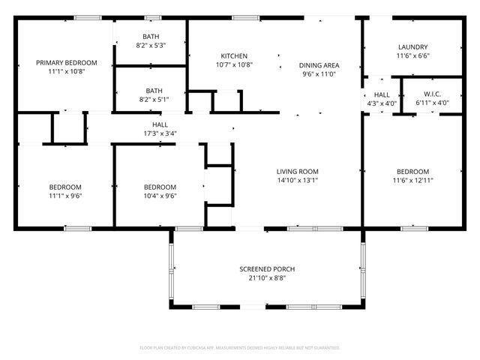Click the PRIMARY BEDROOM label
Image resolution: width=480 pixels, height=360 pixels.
(x=66, y=62)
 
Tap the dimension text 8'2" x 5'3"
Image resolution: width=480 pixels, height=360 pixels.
(x=150, y=46)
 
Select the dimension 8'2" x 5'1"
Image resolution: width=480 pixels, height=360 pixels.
(x=150, y=98)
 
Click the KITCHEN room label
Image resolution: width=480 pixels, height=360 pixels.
(x=234, y=56)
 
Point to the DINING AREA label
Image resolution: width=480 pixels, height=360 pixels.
(x=319, y=65)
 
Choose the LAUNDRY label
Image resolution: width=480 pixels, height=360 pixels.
(x=412, y=46)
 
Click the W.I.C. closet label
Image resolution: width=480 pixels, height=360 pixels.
(x=431, y=93)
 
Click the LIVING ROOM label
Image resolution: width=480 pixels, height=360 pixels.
(x=298, y=171)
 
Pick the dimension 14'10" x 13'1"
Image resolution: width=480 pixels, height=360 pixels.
(x=298, y=180)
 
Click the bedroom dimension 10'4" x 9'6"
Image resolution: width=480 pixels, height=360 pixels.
(x=160, y=196)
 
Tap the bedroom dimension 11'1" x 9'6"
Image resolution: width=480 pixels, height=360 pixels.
(x=66, y=196)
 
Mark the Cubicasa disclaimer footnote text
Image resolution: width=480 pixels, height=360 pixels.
(x=240, y=348)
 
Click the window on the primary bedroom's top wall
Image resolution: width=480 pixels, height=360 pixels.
(x=88, y=17)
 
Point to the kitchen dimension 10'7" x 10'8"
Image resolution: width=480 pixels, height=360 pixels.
(x=234, y=65)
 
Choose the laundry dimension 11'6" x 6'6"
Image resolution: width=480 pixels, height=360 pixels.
(x=412, y=55)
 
